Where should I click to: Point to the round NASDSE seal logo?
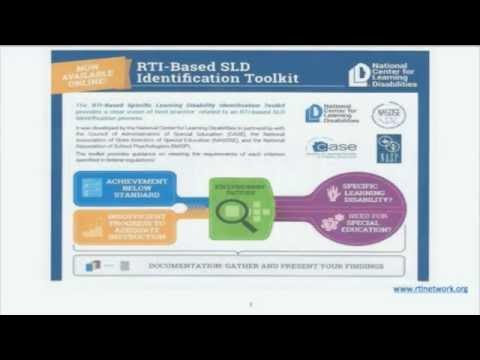tap(388, 114)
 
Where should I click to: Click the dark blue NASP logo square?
tap(389, 148)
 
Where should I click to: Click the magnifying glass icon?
tap(236, 210)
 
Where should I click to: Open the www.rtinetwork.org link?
tap(429, 289)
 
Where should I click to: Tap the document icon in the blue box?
tap(93, 187)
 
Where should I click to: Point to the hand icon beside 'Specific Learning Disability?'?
tap(332, 192)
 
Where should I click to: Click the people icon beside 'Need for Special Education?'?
tap(332, 224)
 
